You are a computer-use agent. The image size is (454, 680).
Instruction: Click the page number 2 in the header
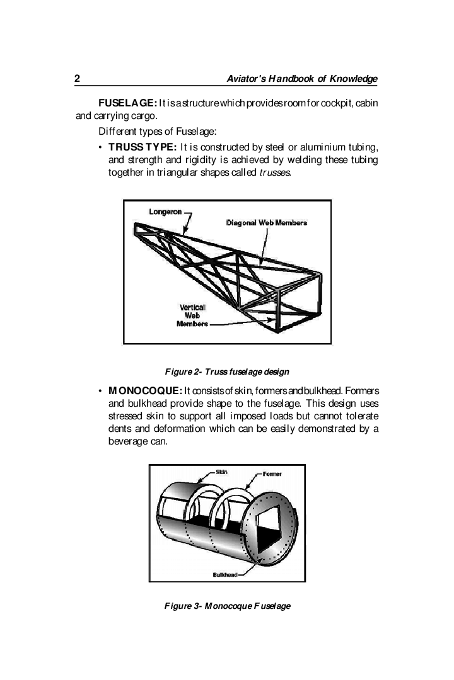[x=77, y=79]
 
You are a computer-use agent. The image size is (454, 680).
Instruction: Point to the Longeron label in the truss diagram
[x=165, y=212]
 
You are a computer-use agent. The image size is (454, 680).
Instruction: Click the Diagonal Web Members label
[x=267, y=223]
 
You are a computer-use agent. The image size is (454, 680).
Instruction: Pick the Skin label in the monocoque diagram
[x=221, y=472]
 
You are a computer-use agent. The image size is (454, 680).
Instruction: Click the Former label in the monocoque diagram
[x=272, y=473]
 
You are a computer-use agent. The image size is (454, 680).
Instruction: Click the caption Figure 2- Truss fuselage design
[x=227, y=371]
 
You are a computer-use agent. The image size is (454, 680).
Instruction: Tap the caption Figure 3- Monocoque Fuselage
[x=227, y=606]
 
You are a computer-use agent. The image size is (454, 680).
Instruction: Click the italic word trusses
[x=275, y=173]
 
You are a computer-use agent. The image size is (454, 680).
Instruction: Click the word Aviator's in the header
[x=247, y=79]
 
